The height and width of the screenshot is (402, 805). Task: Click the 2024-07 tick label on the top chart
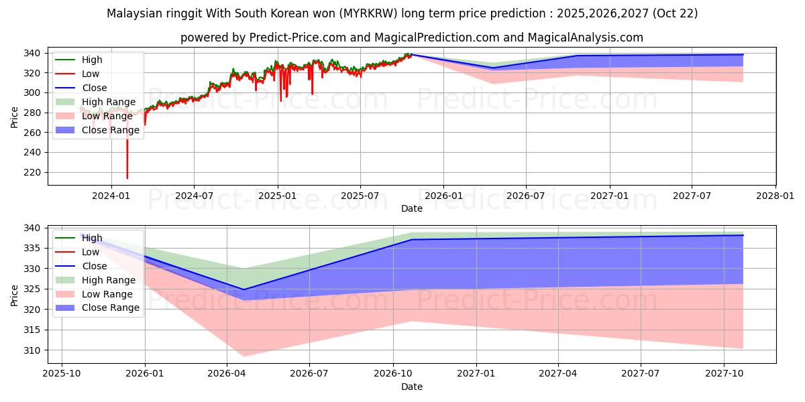[194, 196]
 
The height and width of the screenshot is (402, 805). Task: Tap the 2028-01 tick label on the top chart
[775, 196]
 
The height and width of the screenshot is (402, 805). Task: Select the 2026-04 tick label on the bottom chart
[227, 374]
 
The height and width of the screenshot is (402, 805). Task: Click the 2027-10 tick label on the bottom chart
[724, 374]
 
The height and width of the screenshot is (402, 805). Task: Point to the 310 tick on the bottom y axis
[35, 350]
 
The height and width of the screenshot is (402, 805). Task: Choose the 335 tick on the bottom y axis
[35, 249]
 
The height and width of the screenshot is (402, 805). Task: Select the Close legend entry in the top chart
[95, 88]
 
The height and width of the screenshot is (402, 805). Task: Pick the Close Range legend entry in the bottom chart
[111, 308]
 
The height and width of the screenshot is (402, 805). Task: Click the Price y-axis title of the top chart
[15, 116]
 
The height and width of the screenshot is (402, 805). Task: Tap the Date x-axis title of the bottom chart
[412, 387]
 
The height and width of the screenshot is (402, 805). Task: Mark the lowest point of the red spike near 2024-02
[127, 178]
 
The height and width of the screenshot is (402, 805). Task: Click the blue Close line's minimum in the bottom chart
[244, 289]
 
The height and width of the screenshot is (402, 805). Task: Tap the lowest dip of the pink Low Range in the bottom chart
[244, 356]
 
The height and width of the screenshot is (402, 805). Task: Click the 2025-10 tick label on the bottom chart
[62, 374]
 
